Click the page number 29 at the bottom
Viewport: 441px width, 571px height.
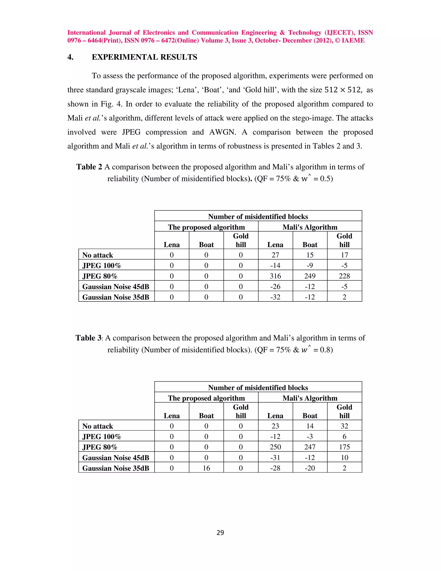pos(220,533)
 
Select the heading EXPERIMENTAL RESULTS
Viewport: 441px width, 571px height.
pos(144,57)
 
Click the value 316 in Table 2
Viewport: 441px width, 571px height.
pos(275,276)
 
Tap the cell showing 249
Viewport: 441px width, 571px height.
pos(310,276)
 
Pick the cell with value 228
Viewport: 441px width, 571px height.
pos(344,276)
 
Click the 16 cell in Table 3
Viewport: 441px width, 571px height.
pos(206,468)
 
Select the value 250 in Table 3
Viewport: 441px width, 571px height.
pos(275,447)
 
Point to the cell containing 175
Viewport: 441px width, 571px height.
pos(344,447)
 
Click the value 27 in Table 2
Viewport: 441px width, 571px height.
pos(275,255)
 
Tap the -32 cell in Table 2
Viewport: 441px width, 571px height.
pos(275,297)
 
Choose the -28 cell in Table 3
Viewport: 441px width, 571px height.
pos(275,468)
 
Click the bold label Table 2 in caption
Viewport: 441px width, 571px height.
pos(89,167)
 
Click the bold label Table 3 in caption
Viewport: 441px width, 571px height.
pos(88,338)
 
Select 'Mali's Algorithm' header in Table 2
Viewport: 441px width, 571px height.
pos(310,227)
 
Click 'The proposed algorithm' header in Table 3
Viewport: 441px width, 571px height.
pos(206,398)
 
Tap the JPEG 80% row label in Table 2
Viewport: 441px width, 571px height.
pos(100,276)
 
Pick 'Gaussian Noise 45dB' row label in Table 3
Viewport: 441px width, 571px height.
pos(116,457)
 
